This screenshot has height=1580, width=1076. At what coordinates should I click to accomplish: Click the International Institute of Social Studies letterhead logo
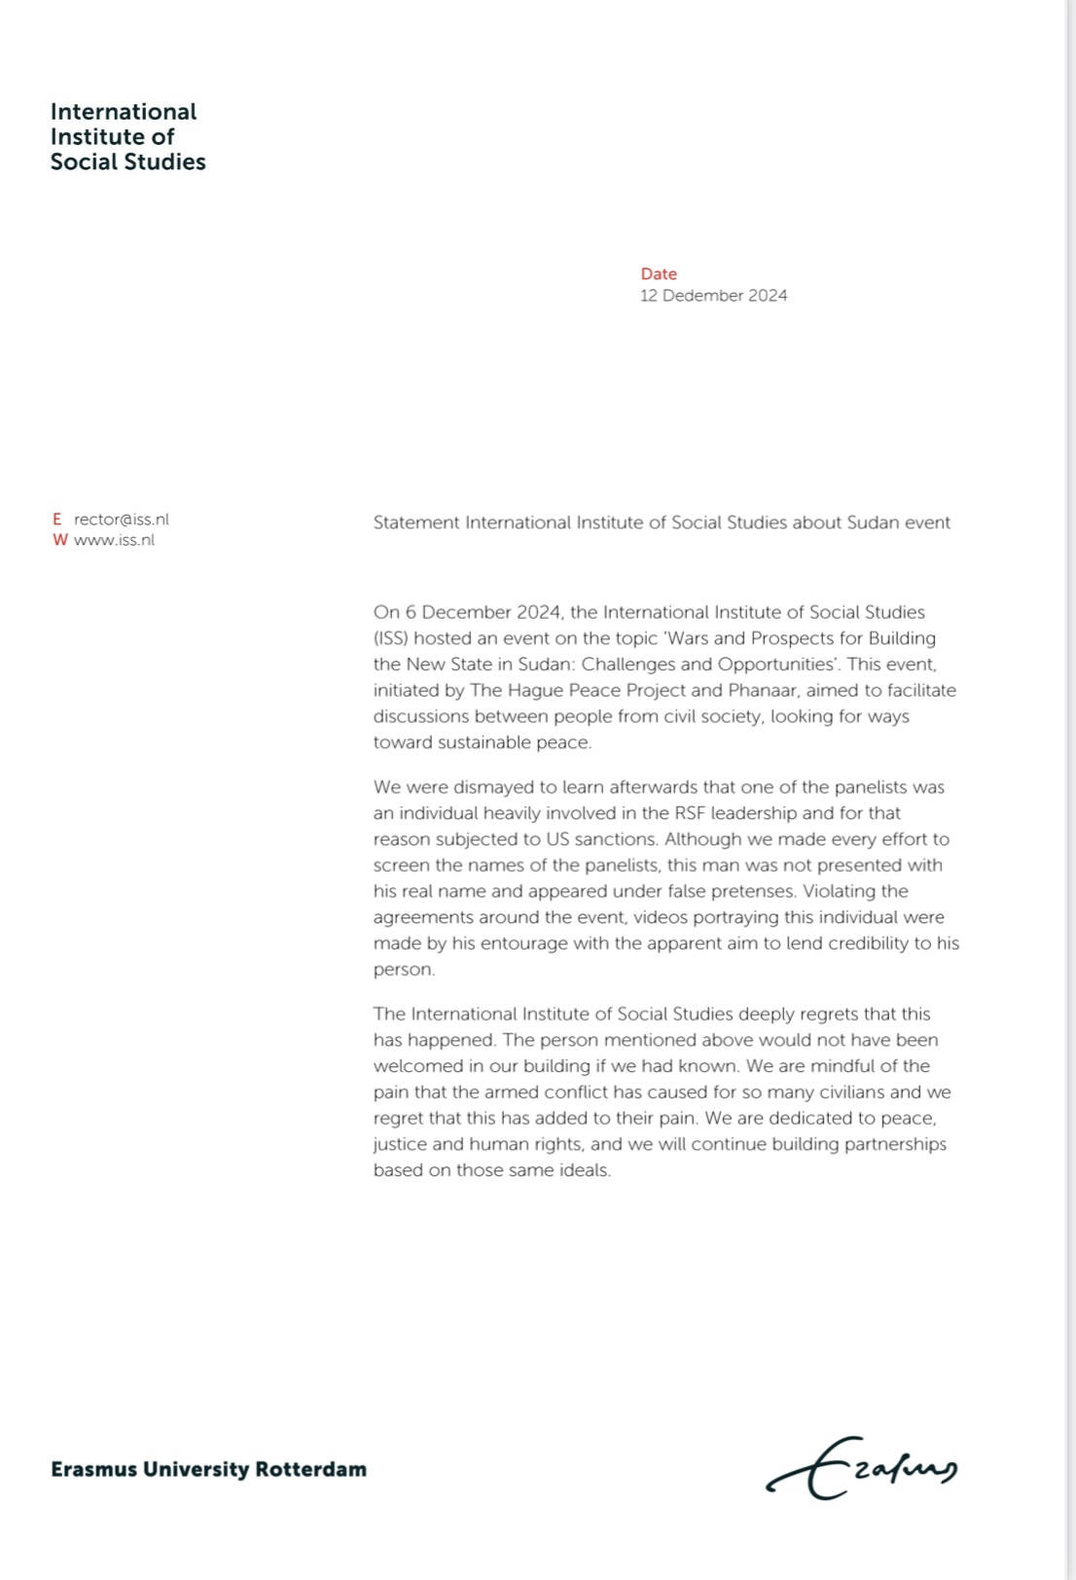pyautogui.click(x=127, y=137)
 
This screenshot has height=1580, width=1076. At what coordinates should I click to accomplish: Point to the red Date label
pyautogui.click(x=659, y=274)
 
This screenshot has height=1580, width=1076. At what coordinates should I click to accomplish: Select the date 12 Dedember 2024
pyautogui.click(x=713, y=296)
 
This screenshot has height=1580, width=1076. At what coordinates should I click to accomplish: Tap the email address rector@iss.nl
pyautogui.click(x=122, y=520)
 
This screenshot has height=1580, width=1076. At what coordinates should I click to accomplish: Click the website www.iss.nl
pyautogui.click(x=114, y=541)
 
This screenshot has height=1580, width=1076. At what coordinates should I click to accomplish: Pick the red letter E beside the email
pyautogui.click(x=57, y=520)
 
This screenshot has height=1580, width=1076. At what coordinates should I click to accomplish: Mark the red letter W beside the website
pyautogui.click(x=60, y=541)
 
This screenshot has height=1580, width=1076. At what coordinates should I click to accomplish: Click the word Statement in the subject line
pyautogui.click(x=416, y=522)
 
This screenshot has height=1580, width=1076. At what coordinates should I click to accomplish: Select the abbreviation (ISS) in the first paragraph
pyautogui.click(x=391, y=639)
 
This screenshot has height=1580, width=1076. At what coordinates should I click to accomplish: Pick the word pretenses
pyautogui.click(x=746, y=891)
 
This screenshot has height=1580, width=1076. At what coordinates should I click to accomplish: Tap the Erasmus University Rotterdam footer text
pyautogui.click(x=208, y=1469)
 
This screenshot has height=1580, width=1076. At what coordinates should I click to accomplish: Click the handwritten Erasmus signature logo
pyautogui.click(x=862, y=1468)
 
